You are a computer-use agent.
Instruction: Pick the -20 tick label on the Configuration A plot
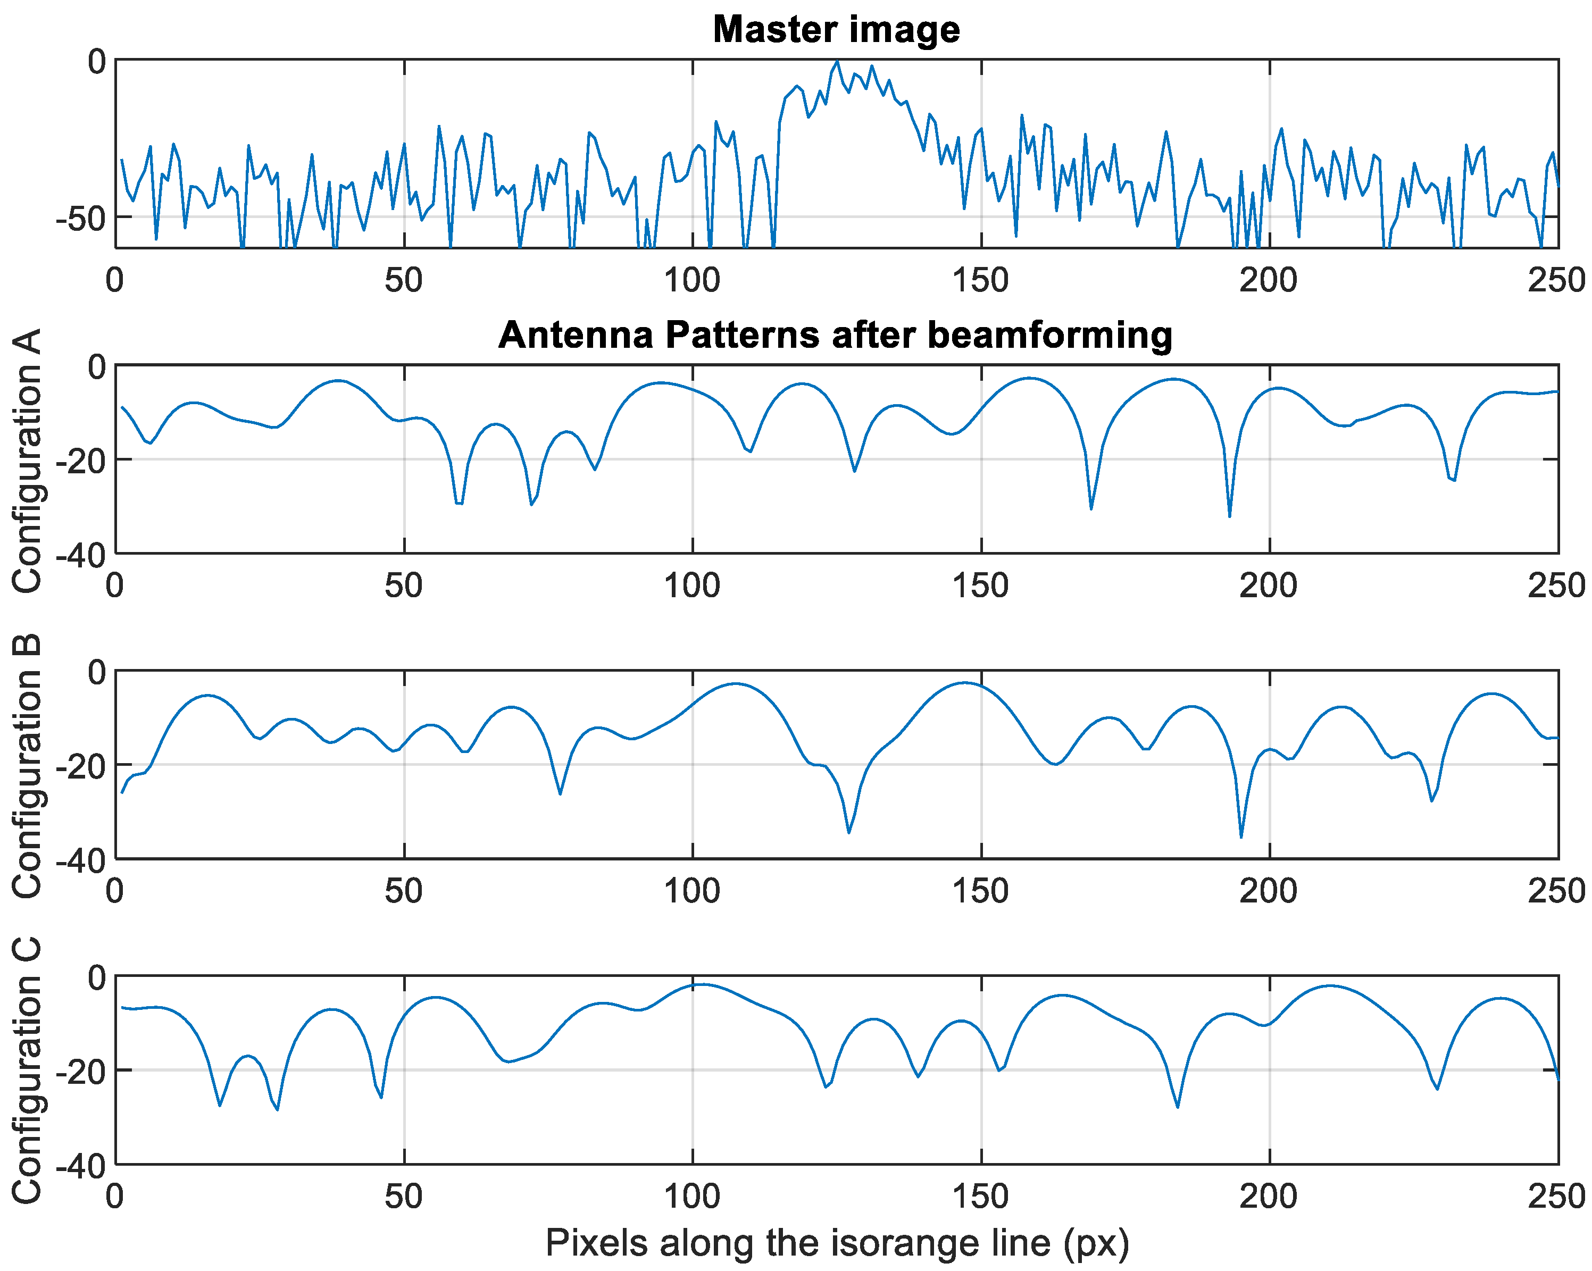(x=79, y=460)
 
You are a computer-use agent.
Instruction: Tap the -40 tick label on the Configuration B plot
(x=79, y=860)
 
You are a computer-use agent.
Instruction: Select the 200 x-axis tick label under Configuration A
(x=1269, y=586)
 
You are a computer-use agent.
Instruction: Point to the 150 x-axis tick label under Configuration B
(x=981, y=892)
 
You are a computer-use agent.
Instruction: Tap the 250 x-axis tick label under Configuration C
(x=1556, y=1197)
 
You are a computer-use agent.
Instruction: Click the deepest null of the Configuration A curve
(x=1229, y=515)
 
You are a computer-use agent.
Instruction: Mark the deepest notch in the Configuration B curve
(x=1241, y=837)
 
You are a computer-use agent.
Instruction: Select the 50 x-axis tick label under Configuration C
(x=403, y=1197)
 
